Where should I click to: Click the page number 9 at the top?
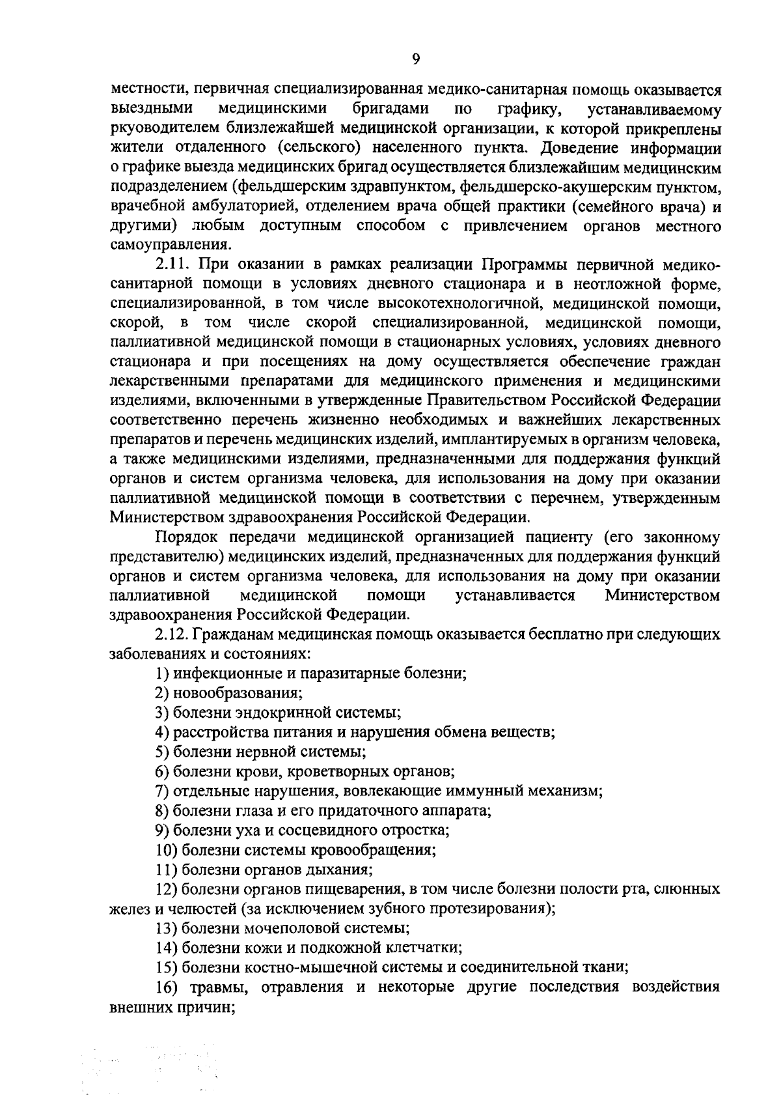(416, 59)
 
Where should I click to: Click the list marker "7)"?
(162, 791)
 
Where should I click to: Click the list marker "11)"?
(166, 869)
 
